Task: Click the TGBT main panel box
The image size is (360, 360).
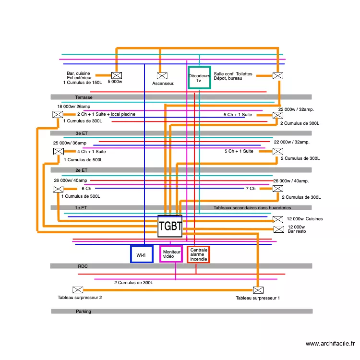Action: (x=170, y=226)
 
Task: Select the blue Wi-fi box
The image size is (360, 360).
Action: (x=141, y=254)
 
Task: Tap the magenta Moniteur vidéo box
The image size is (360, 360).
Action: (x=171, y=254)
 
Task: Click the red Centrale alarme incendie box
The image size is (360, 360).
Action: (x=198, y=254)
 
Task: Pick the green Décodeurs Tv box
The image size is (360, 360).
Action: (x=199, y=78)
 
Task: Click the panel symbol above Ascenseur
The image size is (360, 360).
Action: (x=162, y=75)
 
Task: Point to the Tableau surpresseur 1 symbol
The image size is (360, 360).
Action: (x=258, y=290)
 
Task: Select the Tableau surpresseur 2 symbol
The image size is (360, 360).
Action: (x=77, y=290)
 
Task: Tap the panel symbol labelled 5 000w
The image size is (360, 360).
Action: (x=117, y=75)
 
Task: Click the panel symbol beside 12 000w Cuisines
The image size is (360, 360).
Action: (x=278, y=219)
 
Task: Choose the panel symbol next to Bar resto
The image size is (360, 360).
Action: (x=278, y=229)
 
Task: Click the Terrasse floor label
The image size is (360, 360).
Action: (x=84, y=97)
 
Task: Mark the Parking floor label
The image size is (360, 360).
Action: (x=83, y=312)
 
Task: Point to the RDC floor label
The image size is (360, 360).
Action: (x=83, y=266)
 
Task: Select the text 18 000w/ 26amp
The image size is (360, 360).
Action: (x=73, y=107)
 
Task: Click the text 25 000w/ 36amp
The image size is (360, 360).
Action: (x=70, y=143)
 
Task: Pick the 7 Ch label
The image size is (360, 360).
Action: (x=251, y=189)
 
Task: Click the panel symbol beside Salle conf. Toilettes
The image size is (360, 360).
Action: (x=277, y=75)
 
